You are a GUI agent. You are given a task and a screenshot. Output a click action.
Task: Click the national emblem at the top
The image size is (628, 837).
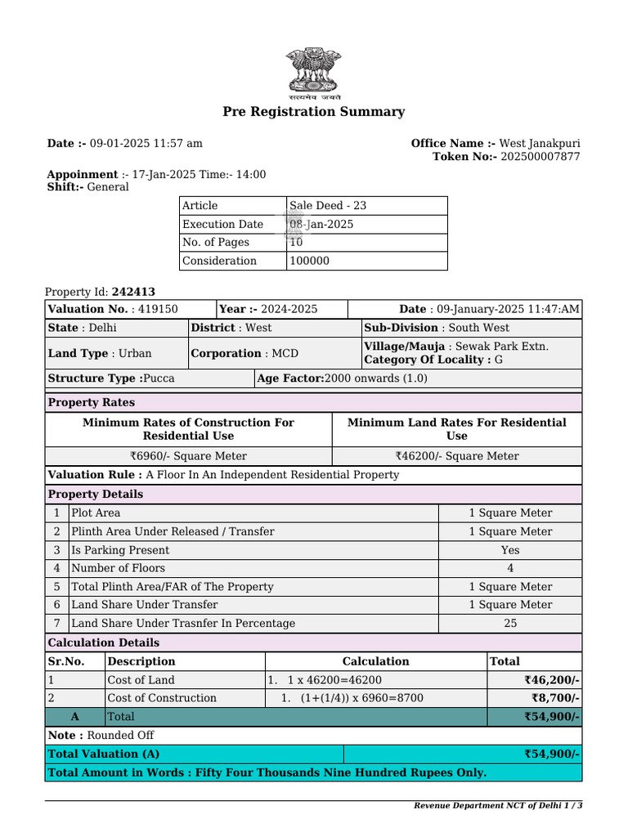pyautogui.click(x=313, y=72)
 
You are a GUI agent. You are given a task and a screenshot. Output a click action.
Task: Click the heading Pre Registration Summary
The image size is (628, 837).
pyautogui.click(x=313, y=112)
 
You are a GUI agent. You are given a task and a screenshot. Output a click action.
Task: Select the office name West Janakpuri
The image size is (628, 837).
pyautogui.click(x=540, y=143)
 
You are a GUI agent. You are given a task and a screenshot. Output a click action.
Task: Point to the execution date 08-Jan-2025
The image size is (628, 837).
pyautogui.click(x=322, y=224)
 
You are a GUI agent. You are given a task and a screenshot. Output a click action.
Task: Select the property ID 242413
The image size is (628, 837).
pyautogui.click(x=133, y=292)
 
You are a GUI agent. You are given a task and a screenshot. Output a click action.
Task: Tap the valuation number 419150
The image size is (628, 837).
pyautogui.click(x=158, y=309)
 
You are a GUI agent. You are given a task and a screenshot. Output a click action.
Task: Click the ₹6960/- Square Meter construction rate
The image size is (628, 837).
pyautogui.click(x=188, y=456)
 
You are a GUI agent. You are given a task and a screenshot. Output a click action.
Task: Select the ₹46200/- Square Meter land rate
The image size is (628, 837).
pyautogui.click(x=456, y=456)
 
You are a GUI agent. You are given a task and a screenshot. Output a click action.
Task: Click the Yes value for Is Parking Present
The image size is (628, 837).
pyautogui.click(x=510, y=550)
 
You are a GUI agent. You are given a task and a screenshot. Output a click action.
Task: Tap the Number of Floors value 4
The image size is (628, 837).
pyautogui.click(x=510, y=568)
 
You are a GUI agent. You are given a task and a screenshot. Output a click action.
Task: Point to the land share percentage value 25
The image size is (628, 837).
pyautogui.click(x=510, y=624)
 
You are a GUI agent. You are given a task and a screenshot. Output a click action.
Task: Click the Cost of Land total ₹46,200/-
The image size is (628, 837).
pyautogui.click(x=552, y=680)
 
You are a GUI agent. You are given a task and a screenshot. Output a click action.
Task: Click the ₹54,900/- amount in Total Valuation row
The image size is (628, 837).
pyautogui.click(x=552, y=754)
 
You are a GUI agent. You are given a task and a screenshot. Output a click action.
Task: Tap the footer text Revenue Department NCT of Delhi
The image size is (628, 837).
pyautogui.click(x=489, y=806)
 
